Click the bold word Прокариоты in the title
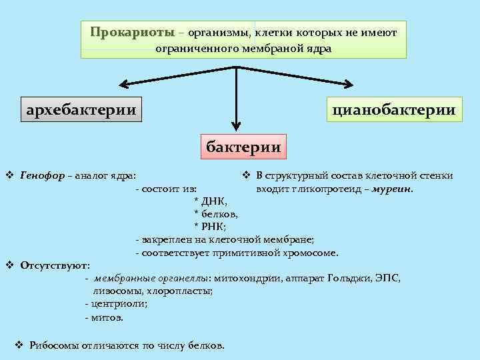pyautogui.click(x=132, y=32)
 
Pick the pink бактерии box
pyautogui.click(x=243, y=145)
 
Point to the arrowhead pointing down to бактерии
pyautogui.click(x=235, y=124)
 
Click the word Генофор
pyautogui.click(x=43, y=176)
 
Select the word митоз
pyautogui.click(x=107, y=317)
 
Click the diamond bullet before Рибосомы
pyautogui.click(x=19, y=345)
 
